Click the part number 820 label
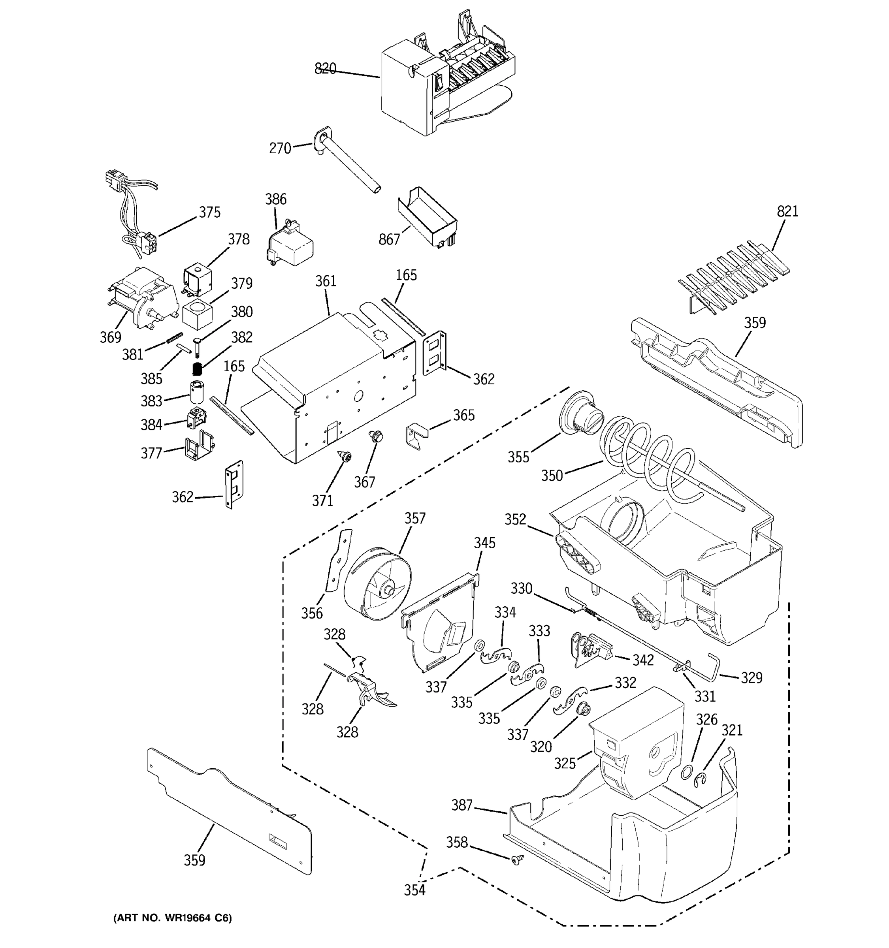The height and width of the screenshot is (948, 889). pyautogui.click(x=325, y=69)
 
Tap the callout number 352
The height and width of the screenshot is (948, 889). pyautogui.click(x=515, y=519)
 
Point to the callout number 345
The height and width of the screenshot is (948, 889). pyautogui.click(x=484, y=543)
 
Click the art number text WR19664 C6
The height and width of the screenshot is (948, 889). pyautogui.click(x=173, y=918)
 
